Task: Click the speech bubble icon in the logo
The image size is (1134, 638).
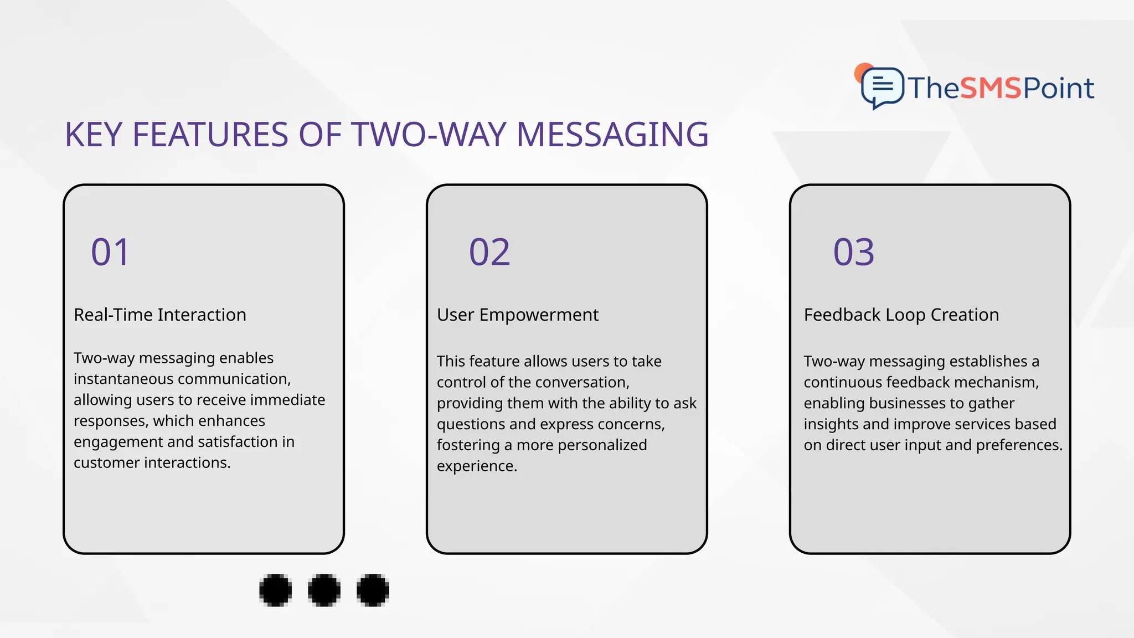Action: pos(882,87)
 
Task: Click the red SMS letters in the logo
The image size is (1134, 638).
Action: pos(990,88)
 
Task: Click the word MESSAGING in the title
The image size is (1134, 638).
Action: pos(612,135)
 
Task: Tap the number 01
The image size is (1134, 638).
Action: pos(110,253)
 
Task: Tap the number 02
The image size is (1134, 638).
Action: pos(489,253)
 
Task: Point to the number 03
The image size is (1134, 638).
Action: pos(853,253)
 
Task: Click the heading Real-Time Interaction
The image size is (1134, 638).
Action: pos(159,315)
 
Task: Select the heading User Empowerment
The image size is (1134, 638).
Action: pos(517,315)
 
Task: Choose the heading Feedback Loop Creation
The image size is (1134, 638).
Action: pos(901,315)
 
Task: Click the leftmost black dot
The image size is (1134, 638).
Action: pos(275,590)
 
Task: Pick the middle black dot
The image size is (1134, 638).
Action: pos(324,590)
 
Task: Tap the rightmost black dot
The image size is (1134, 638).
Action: pos(373,590)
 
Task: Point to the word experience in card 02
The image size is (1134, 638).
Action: pos(476,466)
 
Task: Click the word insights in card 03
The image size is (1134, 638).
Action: pos(831,424)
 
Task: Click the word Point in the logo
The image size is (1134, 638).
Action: pos(1058,88)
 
